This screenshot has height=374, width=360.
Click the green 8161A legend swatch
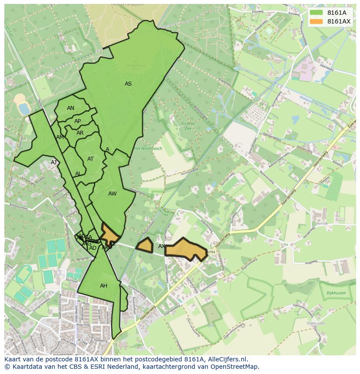click(317, 13)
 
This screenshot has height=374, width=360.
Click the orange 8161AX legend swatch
click(317, 21)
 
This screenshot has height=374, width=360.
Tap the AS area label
click(128, 84)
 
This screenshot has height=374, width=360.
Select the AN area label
click(70, 108)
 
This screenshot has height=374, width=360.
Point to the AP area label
click(77, 121)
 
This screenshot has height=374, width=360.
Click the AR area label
click(80, 133)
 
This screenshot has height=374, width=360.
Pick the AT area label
click(90, 159)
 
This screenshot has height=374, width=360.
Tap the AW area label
click(113, 194)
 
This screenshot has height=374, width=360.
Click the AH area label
click(103, 286)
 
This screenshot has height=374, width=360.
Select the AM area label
click(60, 137)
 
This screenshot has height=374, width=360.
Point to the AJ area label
click(54, 162)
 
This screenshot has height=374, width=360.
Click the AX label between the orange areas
click(161, 246)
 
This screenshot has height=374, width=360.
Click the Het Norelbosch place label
click(148, 149)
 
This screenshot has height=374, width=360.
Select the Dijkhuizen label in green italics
click(336, 293)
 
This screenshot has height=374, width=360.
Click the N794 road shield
click(211, 252)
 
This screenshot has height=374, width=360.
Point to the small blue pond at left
click(22, 107)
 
